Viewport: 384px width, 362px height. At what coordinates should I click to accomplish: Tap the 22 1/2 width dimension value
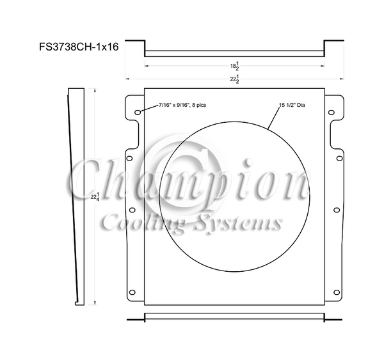point(234,79)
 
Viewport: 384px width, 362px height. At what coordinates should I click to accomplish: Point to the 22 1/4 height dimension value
point(94,197)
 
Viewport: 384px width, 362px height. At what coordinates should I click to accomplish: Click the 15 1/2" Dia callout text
point(293,105)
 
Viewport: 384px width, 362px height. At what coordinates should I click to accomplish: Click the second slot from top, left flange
point(131,158)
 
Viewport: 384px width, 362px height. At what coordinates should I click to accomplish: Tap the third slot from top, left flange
point(131,210)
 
